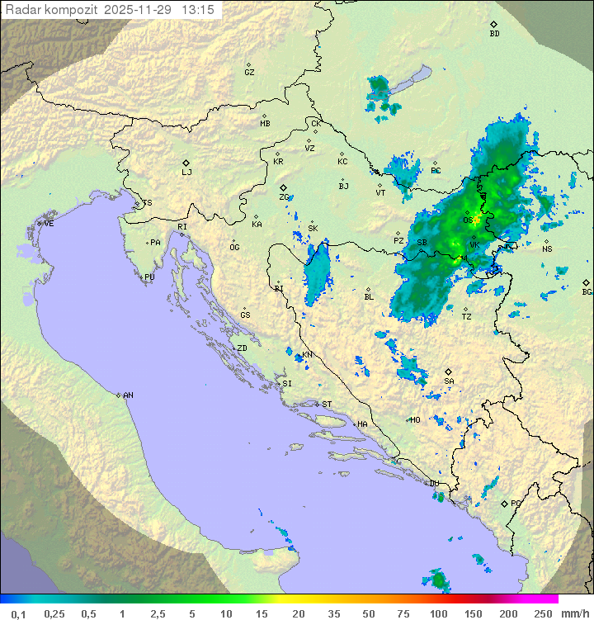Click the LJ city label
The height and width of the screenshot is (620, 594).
click(186, 173)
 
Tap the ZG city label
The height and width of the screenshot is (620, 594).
click(284, 197)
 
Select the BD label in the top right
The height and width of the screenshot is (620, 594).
click(494, 34)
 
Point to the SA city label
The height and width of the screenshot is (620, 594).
click(449, 381)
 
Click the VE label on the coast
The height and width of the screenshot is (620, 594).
click(49, 224)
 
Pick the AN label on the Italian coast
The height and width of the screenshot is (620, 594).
click(128, 395)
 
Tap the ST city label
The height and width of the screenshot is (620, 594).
click(327, 404)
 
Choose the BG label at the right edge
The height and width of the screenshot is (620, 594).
click(587, 291)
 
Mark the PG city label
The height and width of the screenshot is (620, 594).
click(516, 503)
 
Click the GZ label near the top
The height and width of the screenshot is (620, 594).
click(249, 73)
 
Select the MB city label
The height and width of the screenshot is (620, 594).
click(265, 124)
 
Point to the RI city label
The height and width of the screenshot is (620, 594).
click(182, 226)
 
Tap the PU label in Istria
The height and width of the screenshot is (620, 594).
click(149, 277)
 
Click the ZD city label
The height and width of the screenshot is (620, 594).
click(242, 348)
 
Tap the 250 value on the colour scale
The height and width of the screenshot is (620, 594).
click(542, 613)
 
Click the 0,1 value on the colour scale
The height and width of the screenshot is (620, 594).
click(18, 613)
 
